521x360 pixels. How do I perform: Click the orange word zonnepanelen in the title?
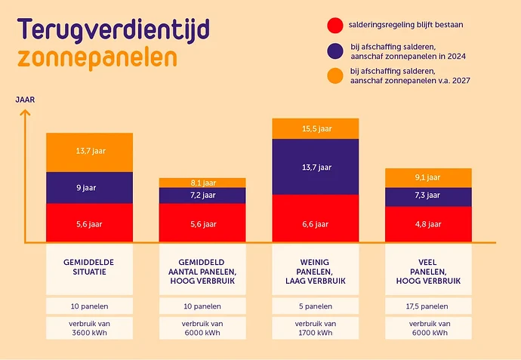pos(98,57)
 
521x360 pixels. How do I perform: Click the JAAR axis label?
pos(25,100)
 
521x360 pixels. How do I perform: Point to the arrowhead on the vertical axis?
pos(25,113)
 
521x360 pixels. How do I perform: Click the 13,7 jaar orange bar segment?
pos(89,152)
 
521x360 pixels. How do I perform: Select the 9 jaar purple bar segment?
pos(89,188)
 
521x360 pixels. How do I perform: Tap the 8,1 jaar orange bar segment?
pos(202,183)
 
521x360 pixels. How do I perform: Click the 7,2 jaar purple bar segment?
pos(202,195)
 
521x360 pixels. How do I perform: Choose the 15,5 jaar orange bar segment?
pos(316,129)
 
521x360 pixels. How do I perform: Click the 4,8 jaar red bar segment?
pos(429,224)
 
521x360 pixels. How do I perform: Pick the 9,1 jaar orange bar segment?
pos(429,178)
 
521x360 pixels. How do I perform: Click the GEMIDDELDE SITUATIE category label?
pos(89,267)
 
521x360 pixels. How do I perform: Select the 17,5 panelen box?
pos(429,306)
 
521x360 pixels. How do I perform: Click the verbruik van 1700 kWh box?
pos(316,328)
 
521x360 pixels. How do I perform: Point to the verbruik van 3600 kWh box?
pos(89,328)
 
